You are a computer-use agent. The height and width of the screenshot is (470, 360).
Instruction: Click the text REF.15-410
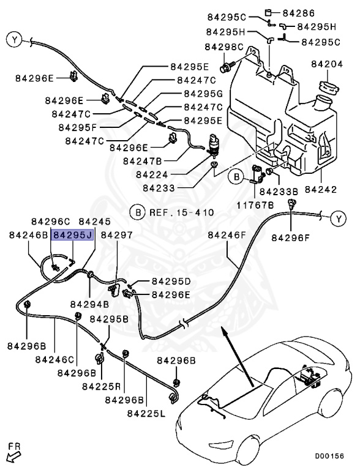click(182, 213)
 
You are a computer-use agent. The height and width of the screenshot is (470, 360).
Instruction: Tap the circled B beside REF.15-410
click(137, 213)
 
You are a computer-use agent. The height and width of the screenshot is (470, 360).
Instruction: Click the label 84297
click(116, 234)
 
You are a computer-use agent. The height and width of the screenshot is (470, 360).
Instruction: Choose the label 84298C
click(224, 47)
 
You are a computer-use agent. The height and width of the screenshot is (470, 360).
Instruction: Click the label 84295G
click(203, 94)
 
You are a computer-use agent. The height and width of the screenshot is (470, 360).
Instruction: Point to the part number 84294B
click(89, 304)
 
